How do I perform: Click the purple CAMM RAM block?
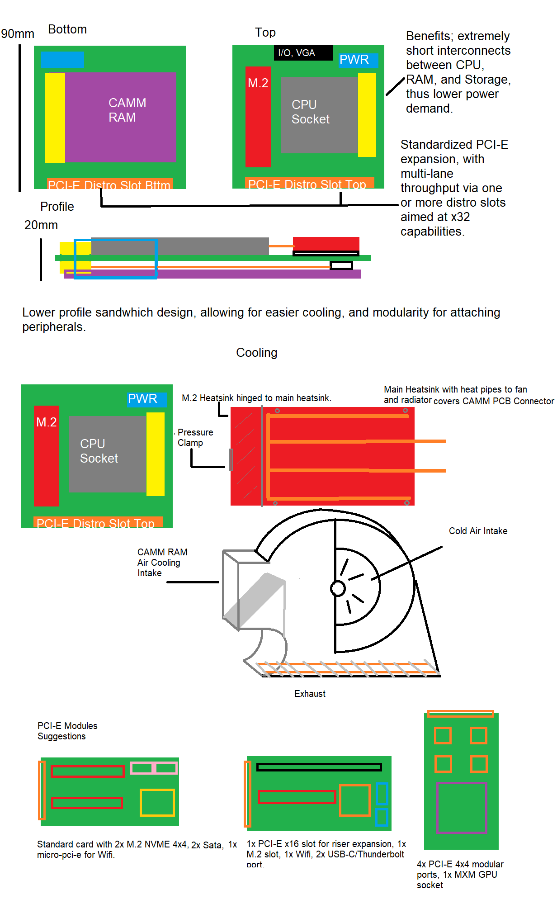[120, 117]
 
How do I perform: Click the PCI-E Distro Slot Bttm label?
[109, 185]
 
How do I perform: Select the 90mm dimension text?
[18, 34]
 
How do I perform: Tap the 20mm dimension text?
[41, 225]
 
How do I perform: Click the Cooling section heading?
[256, 353]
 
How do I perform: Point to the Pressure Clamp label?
[195, 437]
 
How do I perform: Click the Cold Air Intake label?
[478, 531]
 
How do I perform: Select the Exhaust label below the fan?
[310, 694]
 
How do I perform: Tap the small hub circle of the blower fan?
[338, 588]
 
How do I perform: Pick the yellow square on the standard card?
[157, 803]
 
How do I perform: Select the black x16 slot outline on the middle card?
[319, 767]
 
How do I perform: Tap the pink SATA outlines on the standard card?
[154, 767]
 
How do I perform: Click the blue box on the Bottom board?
[62, 59]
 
